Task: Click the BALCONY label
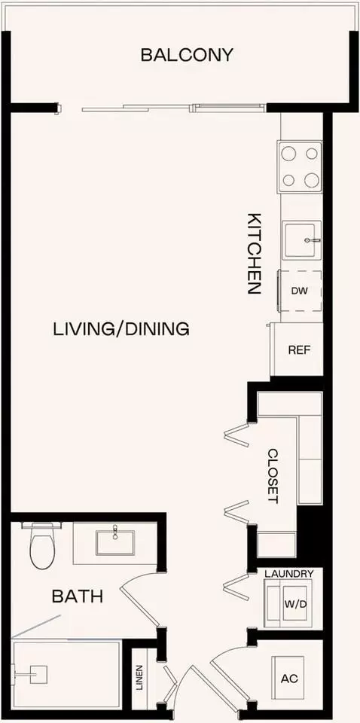pyautogui.click(x=187, y=55)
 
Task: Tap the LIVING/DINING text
pyautogui.click(x=121, y=329)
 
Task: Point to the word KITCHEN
pyautogui.click(x=255, y=253)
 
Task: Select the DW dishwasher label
pyautogui.click(x=299, y=291)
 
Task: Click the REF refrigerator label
pyautogui.click(x=299, y=349)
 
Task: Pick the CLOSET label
pyautogui.click(x=273, y=476)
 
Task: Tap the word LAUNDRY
pyautogui.click(x=289, y=574)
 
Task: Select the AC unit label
pyautogui.click(x=289, y=679)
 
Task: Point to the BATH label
pyautogui.click(x=77, y=596)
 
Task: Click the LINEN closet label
pyautogui.click(x=139, y=677)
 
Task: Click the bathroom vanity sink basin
pyautogui.click(x=114, y=542)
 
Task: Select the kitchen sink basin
pyautogui.click(x=302, y=239)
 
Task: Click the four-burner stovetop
pyautogui.click(x=299, y=166)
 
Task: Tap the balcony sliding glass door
pyautogui.click(x=173, y=108)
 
